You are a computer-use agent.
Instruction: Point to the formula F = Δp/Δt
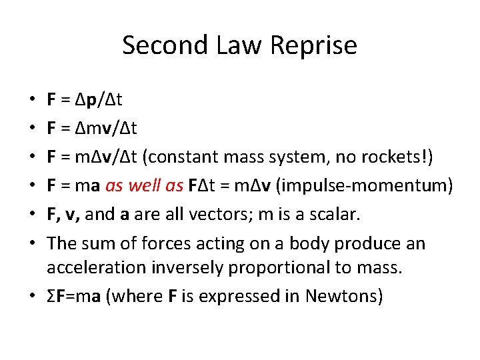85,101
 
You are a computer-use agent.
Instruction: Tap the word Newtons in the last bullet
343,296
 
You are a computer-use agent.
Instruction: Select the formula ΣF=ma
73,296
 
